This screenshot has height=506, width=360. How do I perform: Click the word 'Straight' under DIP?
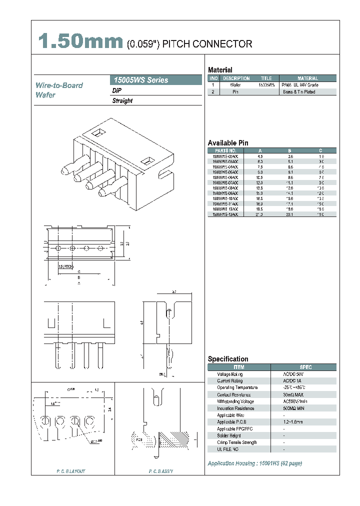tap(122, 100)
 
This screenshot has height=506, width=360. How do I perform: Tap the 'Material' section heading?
tap(220, 70)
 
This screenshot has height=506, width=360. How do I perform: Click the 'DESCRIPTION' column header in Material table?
tap(236, 78)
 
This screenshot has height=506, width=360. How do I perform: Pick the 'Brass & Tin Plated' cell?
tap(299, 92)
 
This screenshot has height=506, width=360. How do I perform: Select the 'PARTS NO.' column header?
tap(225, 150)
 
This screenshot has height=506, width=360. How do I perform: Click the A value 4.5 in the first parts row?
tap(260, 156)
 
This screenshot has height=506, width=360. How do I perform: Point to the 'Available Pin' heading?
tap(228, 143)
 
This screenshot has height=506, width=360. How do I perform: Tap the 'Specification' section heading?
tap(228, 359)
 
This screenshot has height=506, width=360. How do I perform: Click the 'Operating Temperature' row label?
tap(237, 387)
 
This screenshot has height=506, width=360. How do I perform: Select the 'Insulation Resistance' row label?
tap(235, 408)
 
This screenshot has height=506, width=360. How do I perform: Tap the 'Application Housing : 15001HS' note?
tap(254, 463)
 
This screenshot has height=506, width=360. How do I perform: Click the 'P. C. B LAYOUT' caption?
tap(71, 471)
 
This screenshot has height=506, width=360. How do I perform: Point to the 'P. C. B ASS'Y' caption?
tap(161, 471)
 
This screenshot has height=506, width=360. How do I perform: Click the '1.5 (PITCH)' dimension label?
tap(65, 267)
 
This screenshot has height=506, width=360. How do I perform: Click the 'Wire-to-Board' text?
tap(59, 85)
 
